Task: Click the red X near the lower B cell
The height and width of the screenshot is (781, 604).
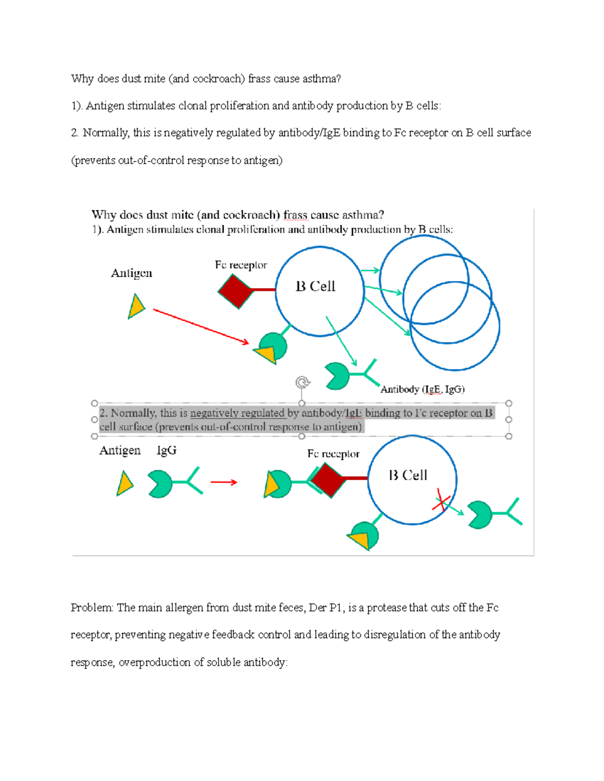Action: click(441, 501)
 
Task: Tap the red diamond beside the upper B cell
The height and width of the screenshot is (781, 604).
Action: click(236, 291)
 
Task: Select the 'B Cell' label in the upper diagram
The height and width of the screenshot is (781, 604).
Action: click(315, 286)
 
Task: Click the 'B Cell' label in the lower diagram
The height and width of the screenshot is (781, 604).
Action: click(408, 475)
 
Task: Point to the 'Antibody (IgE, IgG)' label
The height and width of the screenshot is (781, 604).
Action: click(422, 389)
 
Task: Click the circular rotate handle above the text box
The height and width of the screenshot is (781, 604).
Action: click(302, 383)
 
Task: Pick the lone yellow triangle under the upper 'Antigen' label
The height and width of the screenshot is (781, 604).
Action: click(135, 307)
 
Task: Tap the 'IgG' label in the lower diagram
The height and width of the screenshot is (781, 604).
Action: click(166, 450)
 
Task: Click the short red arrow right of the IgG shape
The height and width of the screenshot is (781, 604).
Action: click(223, 482)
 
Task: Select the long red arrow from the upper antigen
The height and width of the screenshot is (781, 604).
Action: click(201, 327)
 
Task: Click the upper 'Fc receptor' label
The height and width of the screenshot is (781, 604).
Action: click(241, 265)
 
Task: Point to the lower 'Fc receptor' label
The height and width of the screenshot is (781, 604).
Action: click(333, 454)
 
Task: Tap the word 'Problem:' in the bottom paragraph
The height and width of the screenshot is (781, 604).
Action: click(92, 608)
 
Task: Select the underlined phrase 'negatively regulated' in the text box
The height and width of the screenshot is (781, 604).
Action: click(237, 413)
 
